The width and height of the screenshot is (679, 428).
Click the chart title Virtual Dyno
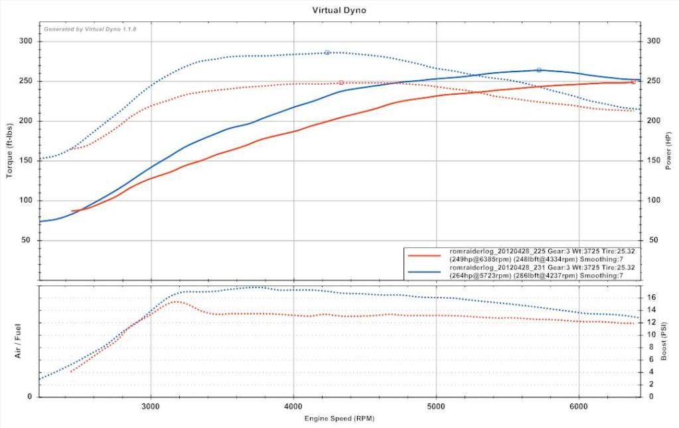coord(339,11)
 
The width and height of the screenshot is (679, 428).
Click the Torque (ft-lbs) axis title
coord(10,150)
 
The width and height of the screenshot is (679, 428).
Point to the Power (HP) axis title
coord(669,150)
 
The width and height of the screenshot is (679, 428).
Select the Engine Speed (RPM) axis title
coord(339,419)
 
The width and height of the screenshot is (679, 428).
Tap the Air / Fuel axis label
coord(19,342)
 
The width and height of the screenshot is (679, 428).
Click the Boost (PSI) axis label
coord(664,342)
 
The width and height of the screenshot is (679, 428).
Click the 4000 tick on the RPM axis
coord(293,405)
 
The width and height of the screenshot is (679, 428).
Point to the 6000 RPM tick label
coord(579,405)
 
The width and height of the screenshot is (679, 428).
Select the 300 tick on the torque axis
coord(27,42)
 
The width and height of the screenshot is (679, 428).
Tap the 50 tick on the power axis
coord(653,241)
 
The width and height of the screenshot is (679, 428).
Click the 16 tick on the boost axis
coord(652,297)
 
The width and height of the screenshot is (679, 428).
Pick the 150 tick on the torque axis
coord(27,161)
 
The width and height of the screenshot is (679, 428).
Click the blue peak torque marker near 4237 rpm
coord(327,52)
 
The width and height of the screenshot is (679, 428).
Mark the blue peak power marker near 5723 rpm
coord(539,70)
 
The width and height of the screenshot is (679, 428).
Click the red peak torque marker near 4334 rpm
coord(341,83)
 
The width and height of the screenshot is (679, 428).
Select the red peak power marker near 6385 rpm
coord(633,82)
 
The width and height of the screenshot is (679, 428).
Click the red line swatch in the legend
coord(425,254)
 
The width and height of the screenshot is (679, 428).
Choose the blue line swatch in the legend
coord(425,272)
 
